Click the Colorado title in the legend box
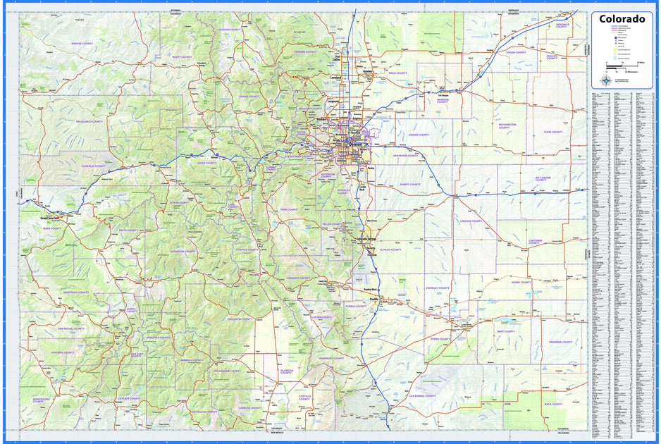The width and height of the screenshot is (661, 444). pyautogui.click(x=622, y=19)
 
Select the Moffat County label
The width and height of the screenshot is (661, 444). pyautogui.click(x=82, y=44)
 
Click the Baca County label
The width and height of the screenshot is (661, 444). pyautogui.click(x=553, y=404)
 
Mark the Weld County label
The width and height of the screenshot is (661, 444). pyautogui.click(x=397, y=73)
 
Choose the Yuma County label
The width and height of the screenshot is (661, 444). pyautogui.click(x=552, y=132)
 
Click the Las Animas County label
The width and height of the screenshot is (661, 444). pyautogui.click(x=422, y=396)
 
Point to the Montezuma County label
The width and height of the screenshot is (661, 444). pyautogui.click(x=42, y=400)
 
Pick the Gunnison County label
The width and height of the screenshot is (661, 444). pyautogui.click(x=183, y=251)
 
